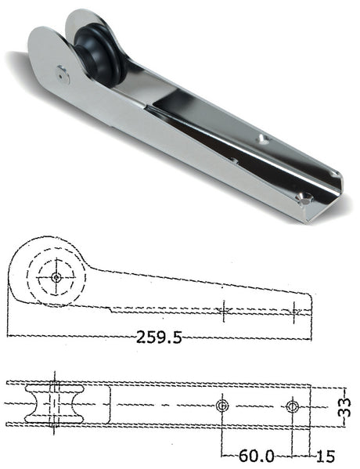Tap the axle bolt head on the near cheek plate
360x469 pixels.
tap(63, 76)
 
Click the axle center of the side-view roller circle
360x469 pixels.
tap(57, 276)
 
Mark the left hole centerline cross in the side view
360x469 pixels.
tap(223, 311)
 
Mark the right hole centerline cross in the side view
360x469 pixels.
tap(295, 311)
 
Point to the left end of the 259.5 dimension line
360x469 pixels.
tap(9, 337)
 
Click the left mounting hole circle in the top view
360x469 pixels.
tap(222, 405)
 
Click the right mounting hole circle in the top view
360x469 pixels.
tap(292, 406)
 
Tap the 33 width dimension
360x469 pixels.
tap(344, 406)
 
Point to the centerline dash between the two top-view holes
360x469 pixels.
tap(257, 406)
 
